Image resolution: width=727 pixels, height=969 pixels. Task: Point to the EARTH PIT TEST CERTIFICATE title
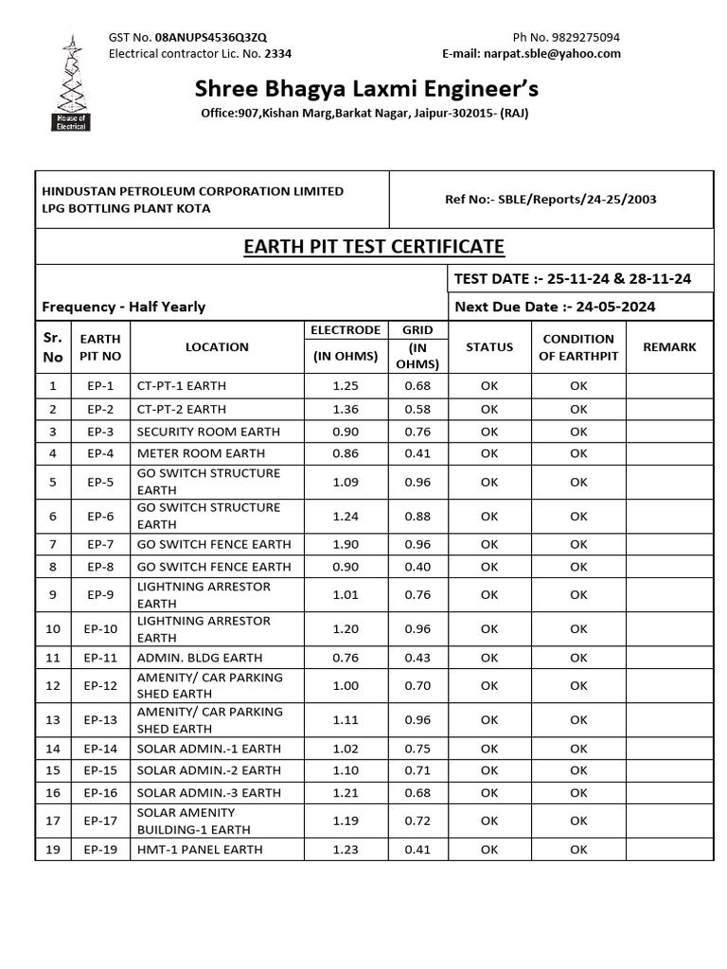pos(374,247)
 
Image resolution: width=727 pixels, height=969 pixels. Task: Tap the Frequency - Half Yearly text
pos(124,307)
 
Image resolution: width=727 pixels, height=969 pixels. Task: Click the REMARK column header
pos(668,347)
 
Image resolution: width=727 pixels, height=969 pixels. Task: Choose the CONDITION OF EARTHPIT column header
pos(578,347)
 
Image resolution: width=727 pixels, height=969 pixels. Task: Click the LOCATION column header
pos(217,347)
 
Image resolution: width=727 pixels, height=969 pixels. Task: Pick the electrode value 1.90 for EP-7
pos(346,545)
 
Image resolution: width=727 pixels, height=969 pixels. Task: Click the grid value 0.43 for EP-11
pos(417,658)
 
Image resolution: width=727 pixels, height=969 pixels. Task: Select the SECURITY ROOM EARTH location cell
pos(208,432)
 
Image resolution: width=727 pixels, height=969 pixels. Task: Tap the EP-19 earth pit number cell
pos(100,850)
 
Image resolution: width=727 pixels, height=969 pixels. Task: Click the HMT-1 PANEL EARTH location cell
pos(200,850)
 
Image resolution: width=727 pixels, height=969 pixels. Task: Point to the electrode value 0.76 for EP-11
pos(346,658)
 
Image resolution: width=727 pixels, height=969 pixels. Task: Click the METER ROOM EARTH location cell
pos(201,454)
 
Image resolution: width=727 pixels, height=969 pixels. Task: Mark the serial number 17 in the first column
pos(53,821)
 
